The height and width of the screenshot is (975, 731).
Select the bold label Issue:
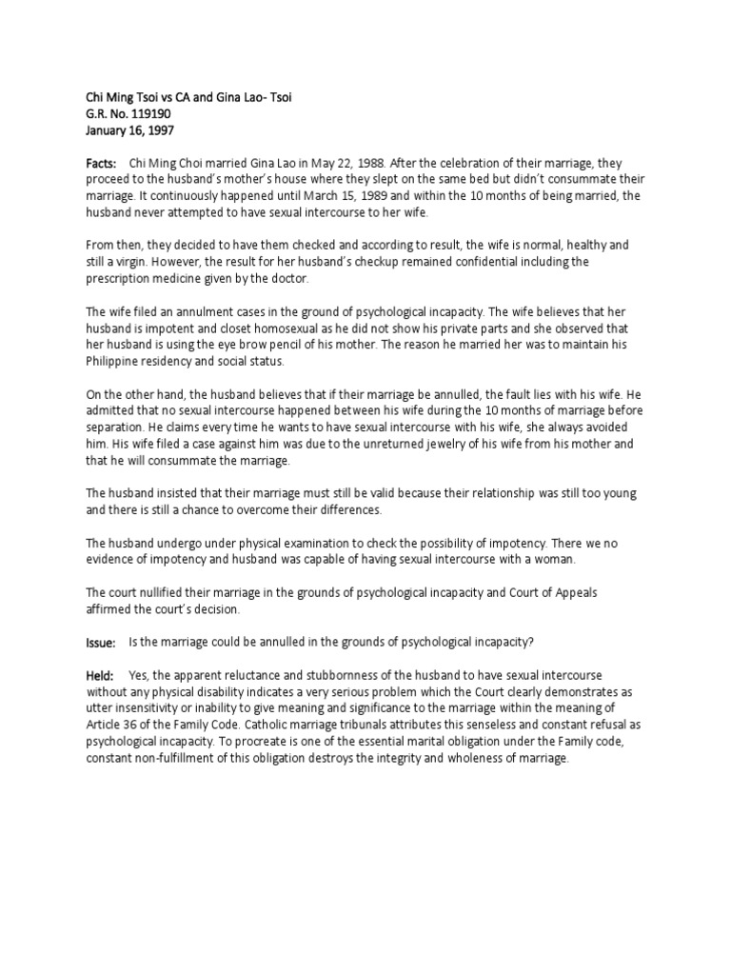coord(101,644)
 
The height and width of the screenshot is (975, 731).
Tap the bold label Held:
coord(100,675)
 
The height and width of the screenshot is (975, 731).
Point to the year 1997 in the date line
coord(159,129)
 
